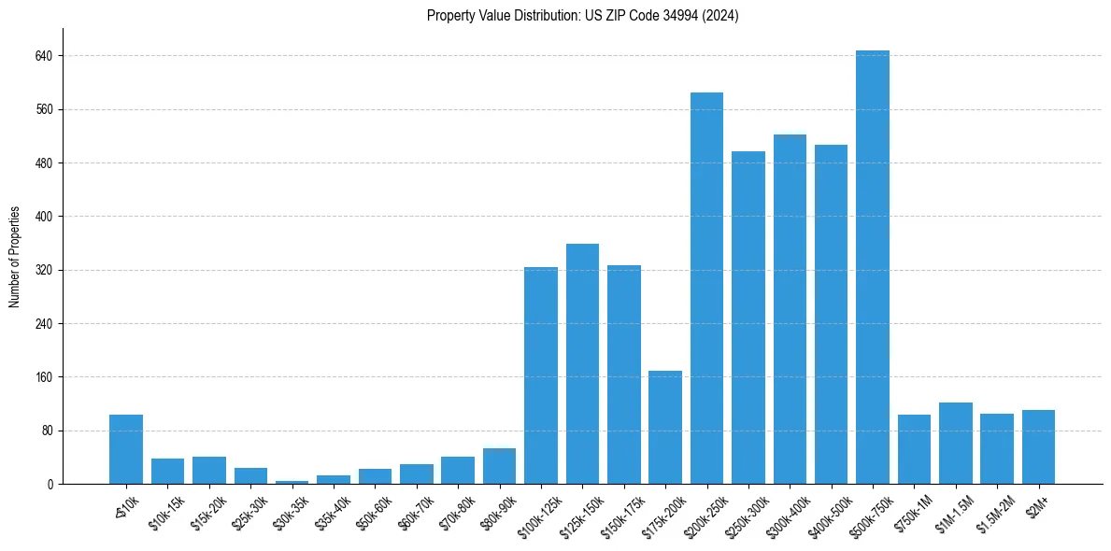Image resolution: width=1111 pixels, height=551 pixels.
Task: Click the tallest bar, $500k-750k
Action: pos(872,267)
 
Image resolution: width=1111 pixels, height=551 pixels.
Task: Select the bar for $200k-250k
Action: pos(706,288)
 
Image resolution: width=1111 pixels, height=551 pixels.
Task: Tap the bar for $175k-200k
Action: pos(665,427)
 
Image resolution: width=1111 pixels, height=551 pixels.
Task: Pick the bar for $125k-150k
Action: pos(582,363)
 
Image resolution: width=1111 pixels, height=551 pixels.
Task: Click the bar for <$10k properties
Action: pos(126,449)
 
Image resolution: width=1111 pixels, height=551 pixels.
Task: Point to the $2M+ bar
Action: pos(1038,446)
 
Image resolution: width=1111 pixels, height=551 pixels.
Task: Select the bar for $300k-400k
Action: pos(790,309)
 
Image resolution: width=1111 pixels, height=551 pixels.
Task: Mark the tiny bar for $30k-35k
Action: pos(292,482)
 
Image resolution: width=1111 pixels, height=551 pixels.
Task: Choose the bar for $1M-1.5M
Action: pos(955,443)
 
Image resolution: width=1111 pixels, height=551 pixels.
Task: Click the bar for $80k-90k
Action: pos(499,466)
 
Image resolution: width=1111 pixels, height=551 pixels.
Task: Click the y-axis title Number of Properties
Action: pos(15,257)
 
